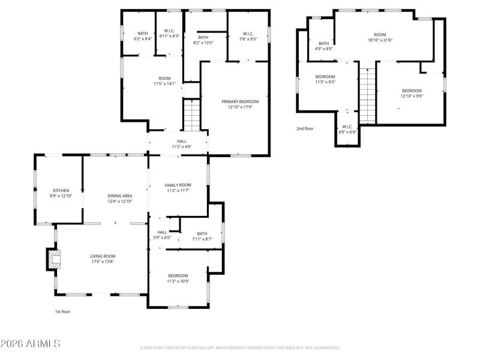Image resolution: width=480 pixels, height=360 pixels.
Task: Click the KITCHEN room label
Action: pos(61,190)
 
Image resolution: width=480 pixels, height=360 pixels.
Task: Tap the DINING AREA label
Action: pos(119,196)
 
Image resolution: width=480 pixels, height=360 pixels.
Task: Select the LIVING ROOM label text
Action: pos(103,256)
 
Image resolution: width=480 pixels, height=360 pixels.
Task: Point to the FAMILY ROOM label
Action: pos(178,185)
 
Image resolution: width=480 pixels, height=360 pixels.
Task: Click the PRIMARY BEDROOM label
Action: pos(240,102)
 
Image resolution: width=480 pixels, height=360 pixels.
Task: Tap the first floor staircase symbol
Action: pos(191,115)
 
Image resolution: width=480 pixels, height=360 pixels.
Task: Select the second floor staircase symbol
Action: pos(367,94)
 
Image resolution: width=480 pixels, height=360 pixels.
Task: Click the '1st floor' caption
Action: pos(62,311)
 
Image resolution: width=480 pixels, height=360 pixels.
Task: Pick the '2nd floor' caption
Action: pos(305,128)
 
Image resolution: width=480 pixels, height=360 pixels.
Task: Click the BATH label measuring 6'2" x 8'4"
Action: pos(142,34)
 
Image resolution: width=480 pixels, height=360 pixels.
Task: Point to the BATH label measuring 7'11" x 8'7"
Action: pos(202,233)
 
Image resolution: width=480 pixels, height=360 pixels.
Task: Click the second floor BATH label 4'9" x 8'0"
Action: pos(324,43)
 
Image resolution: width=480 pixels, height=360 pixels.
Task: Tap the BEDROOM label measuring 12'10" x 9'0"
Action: pos(412,91)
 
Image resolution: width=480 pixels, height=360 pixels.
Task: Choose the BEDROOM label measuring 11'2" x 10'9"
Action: pos(178,275)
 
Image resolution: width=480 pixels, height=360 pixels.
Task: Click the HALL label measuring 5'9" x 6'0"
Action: pos(163,232)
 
